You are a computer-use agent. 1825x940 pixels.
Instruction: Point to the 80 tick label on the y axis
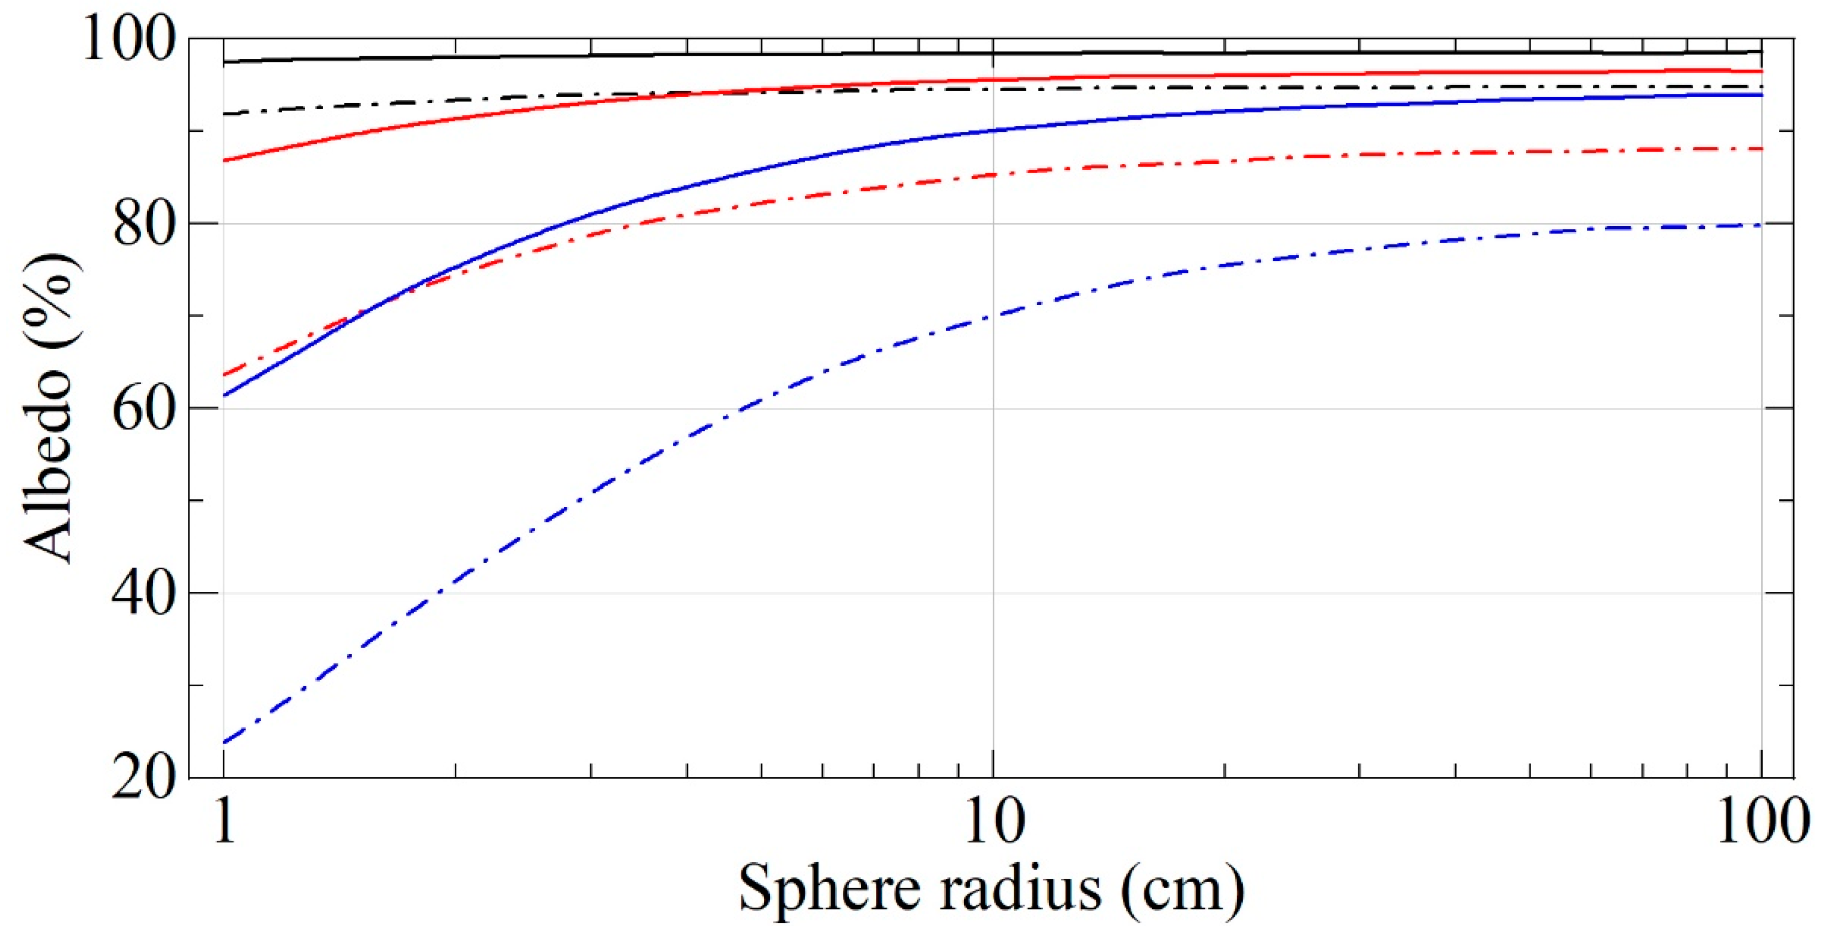coord(143,226)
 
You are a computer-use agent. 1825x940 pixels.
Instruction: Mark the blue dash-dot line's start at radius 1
coord(224,742)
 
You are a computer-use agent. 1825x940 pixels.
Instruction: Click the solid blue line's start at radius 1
coord(224,396)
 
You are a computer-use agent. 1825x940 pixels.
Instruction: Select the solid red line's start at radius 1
coord(224,160)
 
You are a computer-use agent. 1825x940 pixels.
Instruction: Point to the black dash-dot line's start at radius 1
coord(224,114)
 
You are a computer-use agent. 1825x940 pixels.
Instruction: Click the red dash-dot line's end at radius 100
coord(1761,149)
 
